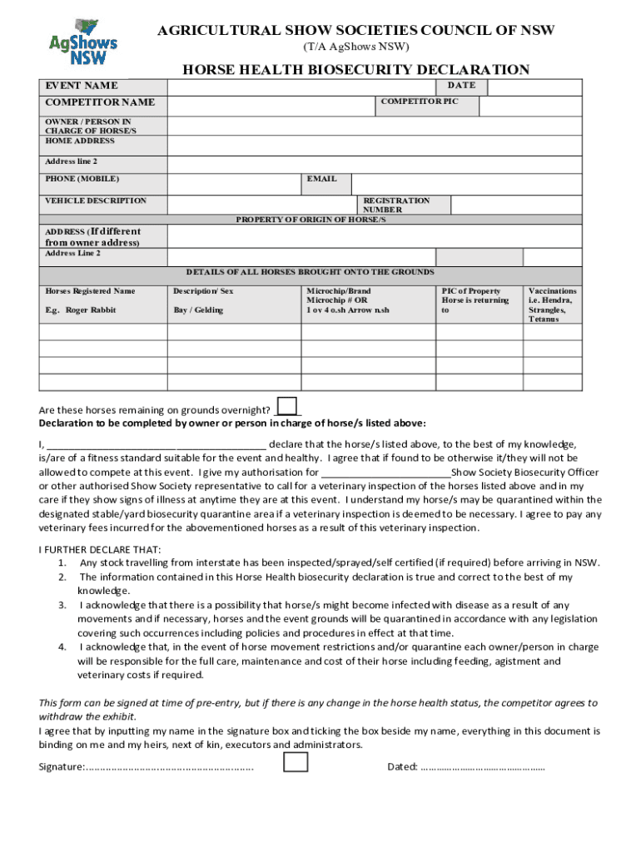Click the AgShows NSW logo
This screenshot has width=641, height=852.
coord(82,42)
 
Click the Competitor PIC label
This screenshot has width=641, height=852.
coord(419,102)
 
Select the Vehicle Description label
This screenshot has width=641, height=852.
coord(96,201)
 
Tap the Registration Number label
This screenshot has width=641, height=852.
coord(396,205)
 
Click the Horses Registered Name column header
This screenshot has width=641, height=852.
coord(90,291)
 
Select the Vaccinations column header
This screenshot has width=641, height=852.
coord(552,305)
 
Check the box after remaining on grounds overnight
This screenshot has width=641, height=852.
coord(287,406)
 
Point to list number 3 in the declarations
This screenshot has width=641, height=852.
coord(62,605)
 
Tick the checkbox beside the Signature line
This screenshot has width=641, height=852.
coord(295,762)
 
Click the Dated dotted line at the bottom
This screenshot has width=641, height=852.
coord(483,767)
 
